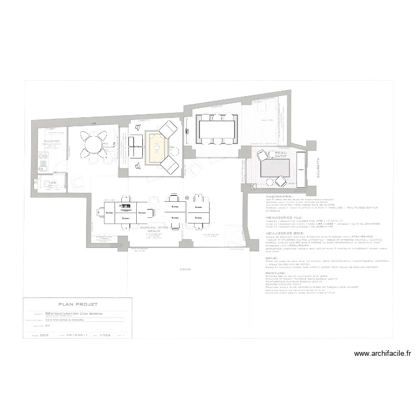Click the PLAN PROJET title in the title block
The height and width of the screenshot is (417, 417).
pos(78,304)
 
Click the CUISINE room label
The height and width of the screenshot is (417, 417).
pos(52,141)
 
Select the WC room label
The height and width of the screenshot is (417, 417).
pos(53,182)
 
